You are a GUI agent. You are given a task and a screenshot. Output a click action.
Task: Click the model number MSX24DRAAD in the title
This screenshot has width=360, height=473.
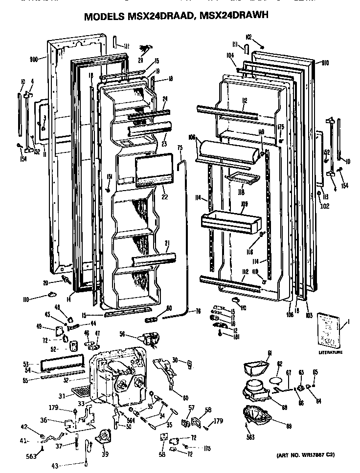pos(156,17)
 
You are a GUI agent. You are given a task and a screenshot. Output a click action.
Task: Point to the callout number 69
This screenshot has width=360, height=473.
pos(289,426)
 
